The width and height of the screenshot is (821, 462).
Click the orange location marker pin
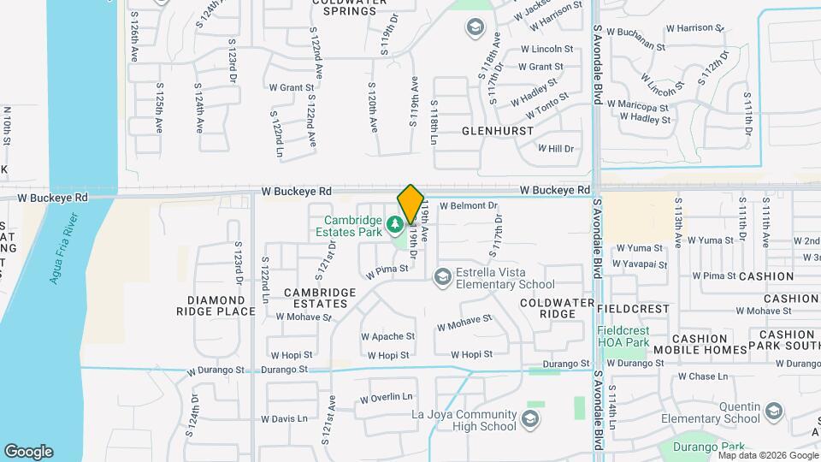pos(410,204)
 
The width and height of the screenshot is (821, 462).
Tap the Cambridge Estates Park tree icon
pos(395,225)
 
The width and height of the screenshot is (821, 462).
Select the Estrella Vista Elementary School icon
pos(442,275)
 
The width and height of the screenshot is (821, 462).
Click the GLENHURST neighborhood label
pos(497,131)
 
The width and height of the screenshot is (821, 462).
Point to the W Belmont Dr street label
pos(469,205)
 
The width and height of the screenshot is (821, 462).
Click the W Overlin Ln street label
pos(386,398)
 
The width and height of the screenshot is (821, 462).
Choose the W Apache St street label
pos(387,337)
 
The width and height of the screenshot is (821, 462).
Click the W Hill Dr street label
pos(556,148)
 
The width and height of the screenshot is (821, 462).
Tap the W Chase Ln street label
pos(702,376)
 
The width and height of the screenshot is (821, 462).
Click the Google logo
pos(28,452)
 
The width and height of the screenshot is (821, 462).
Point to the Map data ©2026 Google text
pos(766,455)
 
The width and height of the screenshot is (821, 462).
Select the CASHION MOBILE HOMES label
pos(700,344)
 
